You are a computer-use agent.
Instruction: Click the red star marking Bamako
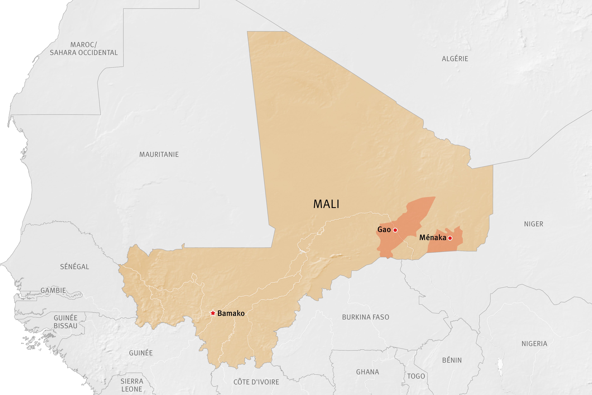point(213,313)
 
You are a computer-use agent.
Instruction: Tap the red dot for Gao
point(395,230)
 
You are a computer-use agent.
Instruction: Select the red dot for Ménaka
point(450,238)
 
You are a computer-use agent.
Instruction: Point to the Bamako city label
point(231,313)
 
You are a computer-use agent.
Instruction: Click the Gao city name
point(384,229)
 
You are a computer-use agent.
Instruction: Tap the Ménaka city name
point(433,238)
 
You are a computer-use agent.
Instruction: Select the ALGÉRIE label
point(455,59)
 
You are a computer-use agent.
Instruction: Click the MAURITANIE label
point(159,154)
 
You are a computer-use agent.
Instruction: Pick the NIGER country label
point(534,224)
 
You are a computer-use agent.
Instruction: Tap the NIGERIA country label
point(534,344)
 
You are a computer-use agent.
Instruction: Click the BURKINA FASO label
point(366,317)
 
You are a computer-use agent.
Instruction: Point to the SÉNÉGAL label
point(74,267)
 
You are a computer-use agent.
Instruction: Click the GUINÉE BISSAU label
point(65,322)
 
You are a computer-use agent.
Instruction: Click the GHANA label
point(367,372)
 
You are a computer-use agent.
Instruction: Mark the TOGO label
point(416,376)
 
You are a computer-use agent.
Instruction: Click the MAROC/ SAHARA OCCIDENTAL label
point(83,49)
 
